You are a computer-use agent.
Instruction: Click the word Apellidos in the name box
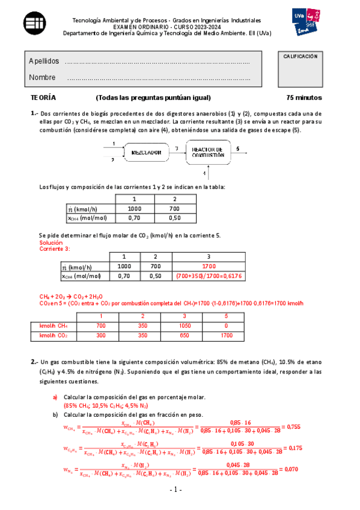(43, 62)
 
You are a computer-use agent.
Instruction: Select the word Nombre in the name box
(42, 78)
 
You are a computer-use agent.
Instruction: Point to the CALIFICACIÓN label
(300, 56)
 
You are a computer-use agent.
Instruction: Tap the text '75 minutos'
(304, 97)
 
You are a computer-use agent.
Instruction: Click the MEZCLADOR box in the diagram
(147, 152)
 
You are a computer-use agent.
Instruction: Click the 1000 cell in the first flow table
(134, 209)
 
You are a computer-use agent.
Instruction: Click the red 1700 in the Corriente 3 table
(209, 266)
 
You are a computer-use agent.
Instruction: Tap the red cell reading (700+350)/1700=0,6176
(209, 276)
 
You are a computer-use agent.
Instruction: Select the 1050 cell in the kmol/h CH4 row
(185, 325)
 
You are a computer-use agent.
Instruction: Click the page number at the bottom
(180, 493)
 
